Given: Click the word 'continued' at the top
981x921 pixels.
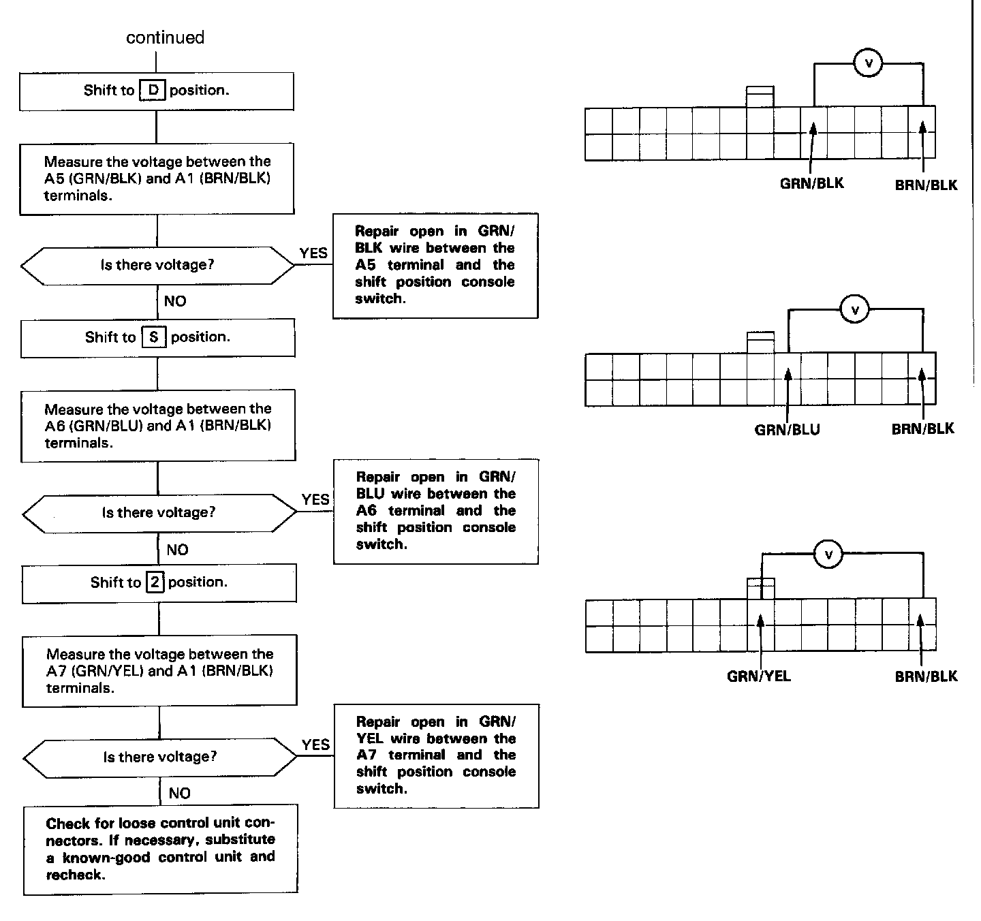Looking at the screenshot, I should (x=165, y=37).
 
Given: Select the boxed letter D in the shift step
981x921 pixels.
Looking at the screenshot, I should (x=152, y=90).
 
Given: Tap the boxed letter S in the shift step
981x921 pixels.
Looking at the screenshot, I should (x=153, y=337).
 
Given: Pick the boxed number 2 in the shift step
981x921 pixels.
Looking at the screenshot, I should (x=155, y=582).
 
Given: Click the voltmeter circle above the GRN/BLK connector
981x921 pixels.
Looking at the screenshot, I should (x=868, y=63).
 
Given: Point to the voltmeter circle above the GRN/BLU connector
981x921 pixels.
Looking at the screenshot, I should (x=855, y=311).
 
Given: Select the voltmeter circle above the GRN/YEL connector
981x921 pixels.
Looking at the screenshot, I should (x=828, y=555).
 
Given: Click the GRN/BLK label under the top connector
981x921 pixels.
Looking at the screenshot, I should (x=811, y=183).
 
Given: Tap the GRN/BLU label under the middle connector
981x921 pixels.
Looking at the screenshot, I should (x=787, y=430).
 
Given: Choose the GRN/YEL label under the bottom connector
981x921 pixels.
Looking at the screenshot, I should (x=759, y=676).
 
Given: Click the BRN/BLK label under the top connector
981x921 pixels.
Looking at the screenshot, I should (x=926, y=185).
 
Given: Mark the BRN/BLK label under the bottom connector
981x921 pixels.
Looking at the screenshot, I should (x=926, y=676).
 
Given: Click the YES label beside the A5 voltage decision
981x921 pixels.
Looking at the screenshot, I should (x=313, y=253).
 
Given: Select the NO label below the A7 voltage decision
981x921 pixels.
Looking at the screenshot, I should (x=180, y=793).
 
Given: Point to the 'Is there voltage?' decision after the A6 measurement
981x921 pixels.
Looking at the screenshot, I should (x=159, y=512).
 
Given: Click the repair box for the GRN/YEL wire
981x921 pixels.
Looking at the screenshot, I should (x=436, y=756).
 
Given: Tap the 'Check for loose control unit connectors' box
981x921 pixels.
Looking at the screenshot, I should (x=161, y=849).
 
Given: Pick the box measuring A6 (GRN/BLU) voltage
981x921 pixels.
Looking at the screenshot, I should (x=158, y=425).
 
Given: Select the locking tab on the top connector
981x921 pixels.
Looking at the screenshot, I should (x=760, y=95).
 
